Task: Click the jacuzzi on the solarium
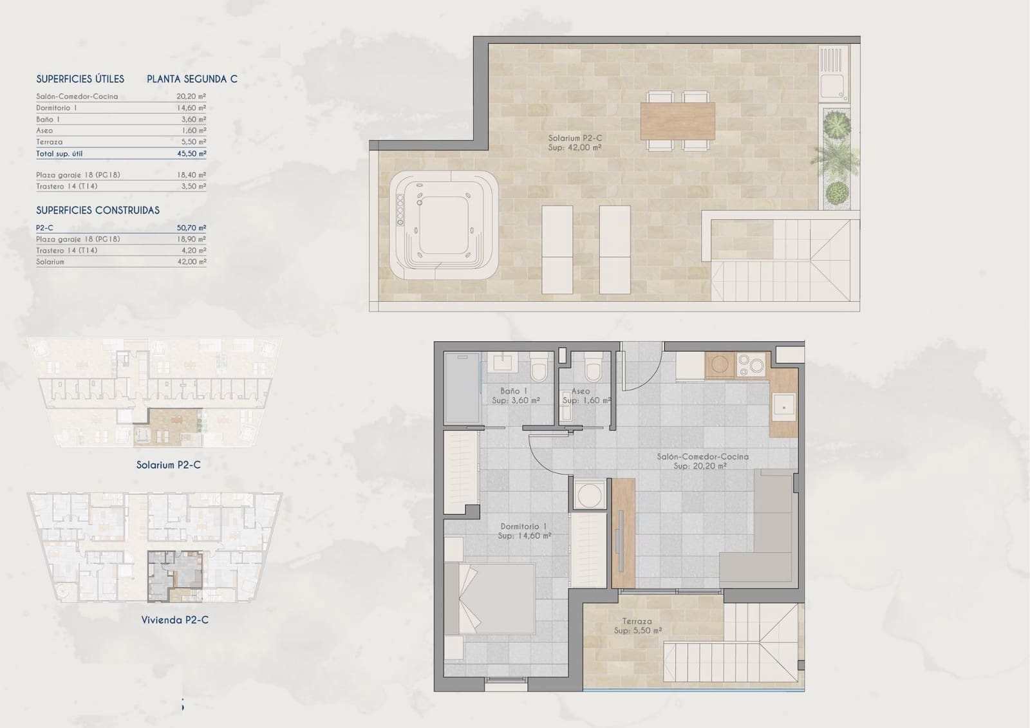(x=444, y=225)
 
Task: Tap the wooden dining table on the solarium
(x=677, y=122)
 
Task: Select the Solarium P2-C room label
(x=575, y=142)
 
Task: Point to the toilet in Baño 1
(x=539, y=369)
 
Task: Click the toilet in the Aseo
(x=592, y=369)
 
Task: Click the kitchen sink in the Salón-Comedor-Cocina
(x=783, y=406)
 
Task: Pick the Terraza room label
(x=637, y=626)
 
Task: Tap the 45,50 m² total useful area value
(x=191, y=154)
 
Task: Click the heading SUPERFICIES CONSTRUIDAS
(x=98, y=210)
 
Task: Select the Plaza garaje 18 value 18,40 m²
(x=191, y=175)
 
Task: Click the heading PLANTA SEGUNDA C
(x=192, y=79)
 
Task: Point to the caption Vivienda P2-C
(x=174, y=620)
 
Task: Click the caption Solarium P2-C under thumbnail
(x=168, y=465)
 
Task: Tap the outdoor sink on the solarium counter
(x=835, y=85)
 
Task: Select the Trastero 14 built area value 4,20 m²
(x=193, y=250)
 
